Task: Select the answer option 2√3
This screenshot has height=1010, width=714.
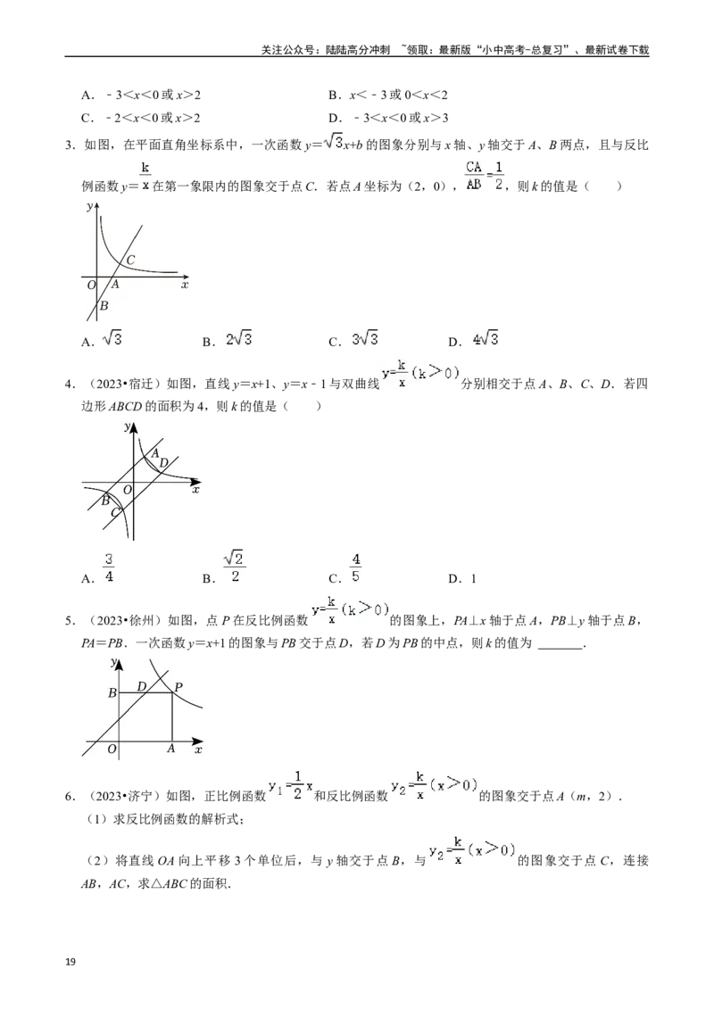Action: coord(239,339)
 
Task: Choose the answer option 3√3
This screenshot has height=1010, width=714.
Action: coord(361,339)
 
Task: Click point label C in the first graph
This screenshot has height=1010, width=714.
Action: coord(130,260)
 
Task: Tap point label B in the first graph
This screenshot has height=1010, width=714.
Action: coord(104,306)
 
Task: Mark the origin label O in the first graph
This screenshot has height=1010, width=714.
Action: coord(91,285)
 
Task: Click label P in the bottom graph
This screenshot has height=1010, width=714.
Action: coord(178,687)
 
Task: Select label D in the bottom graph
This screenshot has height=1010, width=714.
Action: coord(142,687)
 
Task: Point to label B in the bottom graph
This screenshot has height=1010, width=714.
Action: coord(112,692)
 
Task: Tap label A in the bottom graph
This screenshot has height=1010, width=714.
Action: coord(170,749)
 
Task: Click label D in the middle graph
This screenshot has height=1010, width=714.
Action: coord(163,462)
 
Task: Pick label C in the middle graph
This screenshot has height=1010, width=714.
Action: coord(115,512)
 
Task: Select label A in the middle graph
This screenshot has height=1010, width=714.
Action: coord(154,453)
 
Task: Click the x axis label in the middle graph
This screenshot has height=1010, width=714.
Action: coord(195,491)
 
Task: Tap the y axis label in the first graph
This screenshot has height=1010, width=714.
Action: coord(89,207)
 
